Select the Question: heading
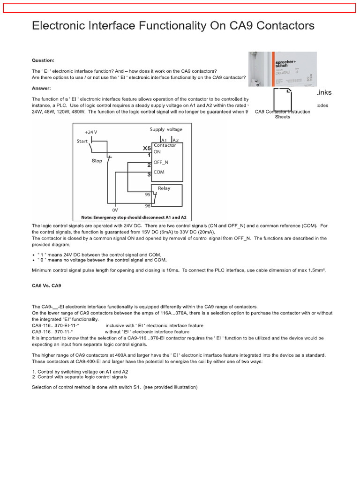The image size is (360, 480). (x=43, y=60)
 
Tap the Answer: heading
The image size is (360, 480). (x=41, y=88)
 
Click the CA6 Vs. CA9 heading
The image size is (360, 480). (x=46, y=285)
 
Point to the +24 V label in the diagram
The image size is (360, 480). (x=92, y=132)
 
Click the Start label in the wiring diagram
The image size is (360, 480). (x=82, y=141)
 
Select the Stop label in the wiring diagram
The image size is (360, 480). (x=97, y=161)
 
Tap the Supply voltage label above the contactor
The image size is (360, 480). (x=166, y=129)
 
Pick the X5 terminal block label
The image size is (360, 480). (x=146, y=148)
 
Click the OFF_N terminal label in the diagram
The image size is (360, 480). (x=161, y=162)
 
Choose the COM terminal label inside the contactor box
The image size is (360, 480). (x=159, y=172)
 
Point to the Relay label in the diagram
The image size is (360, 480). (x=164, y=188)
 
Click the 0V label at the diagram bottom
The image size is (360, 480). (x=115, y=210)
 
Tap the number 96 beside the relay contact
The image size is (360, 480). (x=147, y=206)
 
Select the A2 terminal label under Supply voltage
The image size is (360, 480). (x=175, y=140)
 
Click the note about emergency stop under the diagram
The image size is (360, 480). (x=134, y=217)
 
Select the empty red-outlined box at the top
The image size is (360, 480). (x=180, y=8)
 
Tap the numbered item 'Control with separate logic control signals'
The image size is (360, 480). (x=82, y=377)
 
